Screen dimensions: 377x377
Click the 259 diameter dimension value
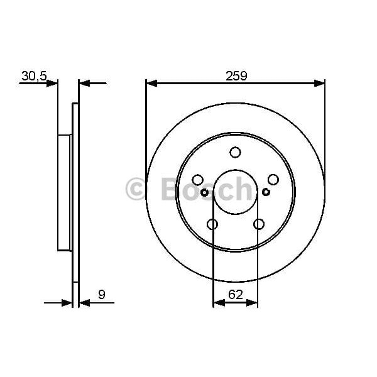pos(236,75)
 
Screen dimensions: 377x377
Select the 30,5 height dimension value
pos(34,76)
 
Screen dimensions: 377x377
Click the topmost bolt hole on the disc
pos(235,152)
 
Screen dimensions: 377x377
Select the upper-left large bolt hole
pos(197,180)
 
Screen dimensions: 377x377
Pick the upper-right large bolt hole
pos(273,180)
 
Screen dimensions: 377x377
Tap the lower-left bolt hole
pos(212,224)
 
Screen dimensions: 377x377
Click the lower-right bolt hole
pos(259,224)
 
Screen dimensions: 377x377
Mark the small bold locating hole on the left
pos(204,192)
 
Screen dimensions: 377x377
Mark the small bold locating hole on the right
pos(266,192)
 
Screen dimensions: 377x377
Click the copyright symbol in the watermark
pos(137,189)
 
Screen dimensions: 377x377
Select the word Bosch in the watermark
pos(207,188)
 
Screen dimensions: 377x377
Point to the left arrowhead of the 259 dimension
pos(151,82)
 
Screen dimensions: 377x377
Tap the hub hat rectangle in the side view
pos(64,192)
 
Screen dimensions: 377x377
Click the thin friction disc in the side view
pos(75,201)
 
